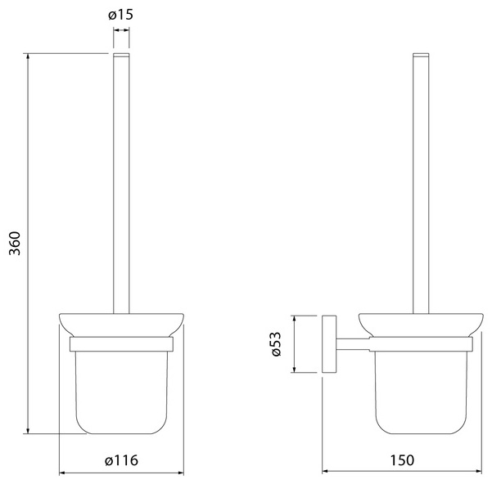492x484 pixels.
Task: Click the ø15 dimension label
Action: click(121, 15)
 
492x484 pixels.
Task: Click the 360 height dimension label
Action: click(15, 244)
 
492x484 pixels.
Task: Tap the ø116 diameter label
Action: click(121, 460)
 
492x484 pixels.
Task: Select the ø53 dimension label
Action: click(277, 344)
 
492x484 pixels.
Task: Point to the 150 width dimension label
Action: click(402, 460)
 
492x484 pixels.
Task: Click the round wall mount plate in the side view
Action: click(329, 344)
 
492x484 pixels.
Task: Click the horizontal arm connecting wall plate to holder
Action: click(353, 344)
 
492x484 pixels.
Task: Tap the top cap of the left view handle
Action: click(121, 55)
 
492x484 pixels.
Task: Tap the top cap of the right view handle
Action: click(421, 55)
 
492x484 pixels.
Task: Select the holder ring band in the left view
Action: click(121, 344)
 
